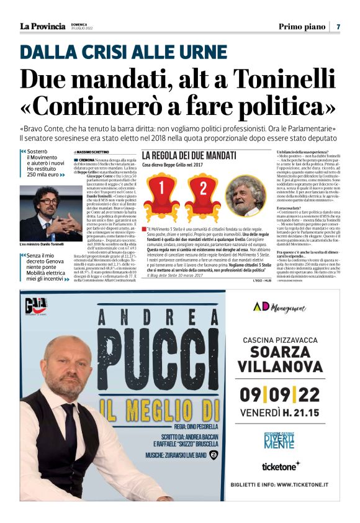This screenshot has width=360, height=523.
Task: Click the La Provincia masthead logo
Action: pyautogui.click(x=42, y=26)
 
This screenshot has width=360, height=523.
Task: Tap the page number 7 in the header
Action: pyautogui.click(x=338, y=26)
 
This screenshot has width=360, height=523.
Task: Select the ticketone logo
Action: pyautogui.click(x=280, y=465)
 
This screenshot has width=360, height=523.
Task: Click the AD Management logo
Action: pyautogui.click(x=280, y=307)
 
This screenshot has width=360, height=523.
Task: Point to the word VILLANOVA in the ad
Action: pyautogui.click(x=281, y=364)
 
